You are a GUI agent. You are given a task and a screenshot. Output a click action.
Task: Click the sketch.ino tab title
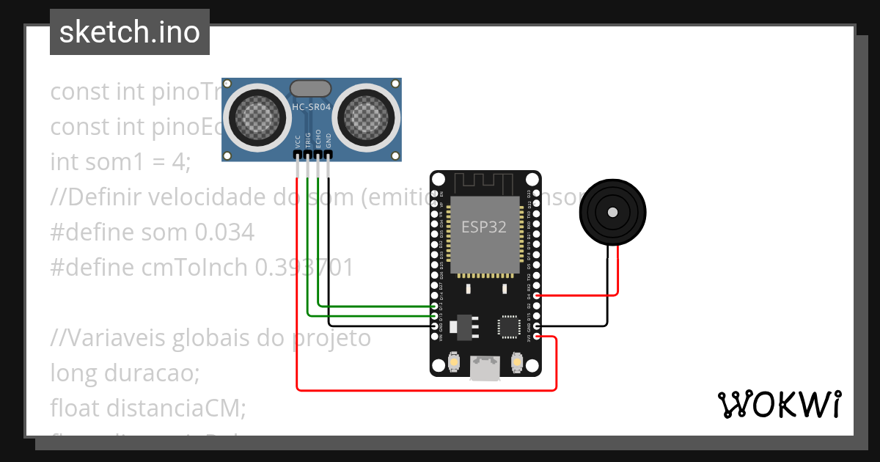tap(129, 32)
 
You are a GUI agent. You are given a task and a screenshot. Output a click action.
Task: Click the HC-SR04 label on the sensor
tap(312, 107)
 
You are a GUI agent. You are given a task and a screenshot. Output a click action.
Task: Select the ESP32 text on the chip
tap(483, 227)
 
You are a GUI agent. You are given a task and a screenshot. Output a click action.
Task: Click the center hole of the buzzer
tap(612, 212)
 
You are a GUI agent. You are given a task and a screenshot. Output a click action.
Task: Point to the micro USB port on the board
tap(485, 368)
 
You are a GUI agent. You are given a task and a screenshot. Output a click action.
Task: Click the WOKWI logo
tap(778, 404)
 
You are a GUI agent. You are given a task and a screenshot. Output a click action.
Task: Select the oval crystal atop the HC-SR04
tap(312, 88)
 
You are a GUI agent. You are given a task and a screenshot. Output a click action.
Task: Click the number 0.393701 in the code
tap(304, 268)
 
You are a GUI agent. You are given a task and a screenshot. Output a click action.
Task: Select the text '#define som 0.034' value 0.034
tap(224, 233)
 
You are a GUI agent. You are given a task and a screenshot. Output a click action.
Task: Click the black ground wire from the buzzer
tap(607, 293)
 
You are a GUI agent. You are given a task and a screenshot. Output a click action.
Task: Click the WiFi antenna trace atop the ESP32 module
tap(485, 183)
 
